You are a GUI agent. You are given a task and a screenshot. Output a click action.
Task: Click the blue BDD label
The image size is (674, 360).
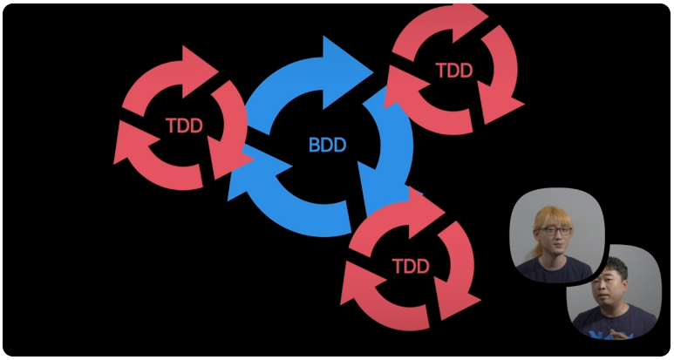(327, 145)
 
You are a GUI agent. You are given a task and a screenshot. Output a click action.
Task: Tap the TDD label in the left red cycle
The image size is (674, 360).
(184, 126)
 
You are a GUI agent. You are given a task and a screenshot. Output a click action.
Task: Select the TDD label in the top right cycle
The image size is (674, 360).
(453, 71)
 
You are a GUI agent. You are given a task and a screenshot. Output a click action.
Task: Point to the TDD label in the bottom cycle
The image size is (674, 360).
(411, 265)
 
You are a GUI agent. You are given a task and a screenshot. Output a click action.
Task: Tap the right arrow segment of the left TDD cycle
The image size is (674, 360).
(229, 131)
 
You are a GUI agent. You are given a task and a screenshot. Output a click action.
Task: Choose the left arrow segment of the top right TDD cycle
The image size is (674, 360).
(403, 87)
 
